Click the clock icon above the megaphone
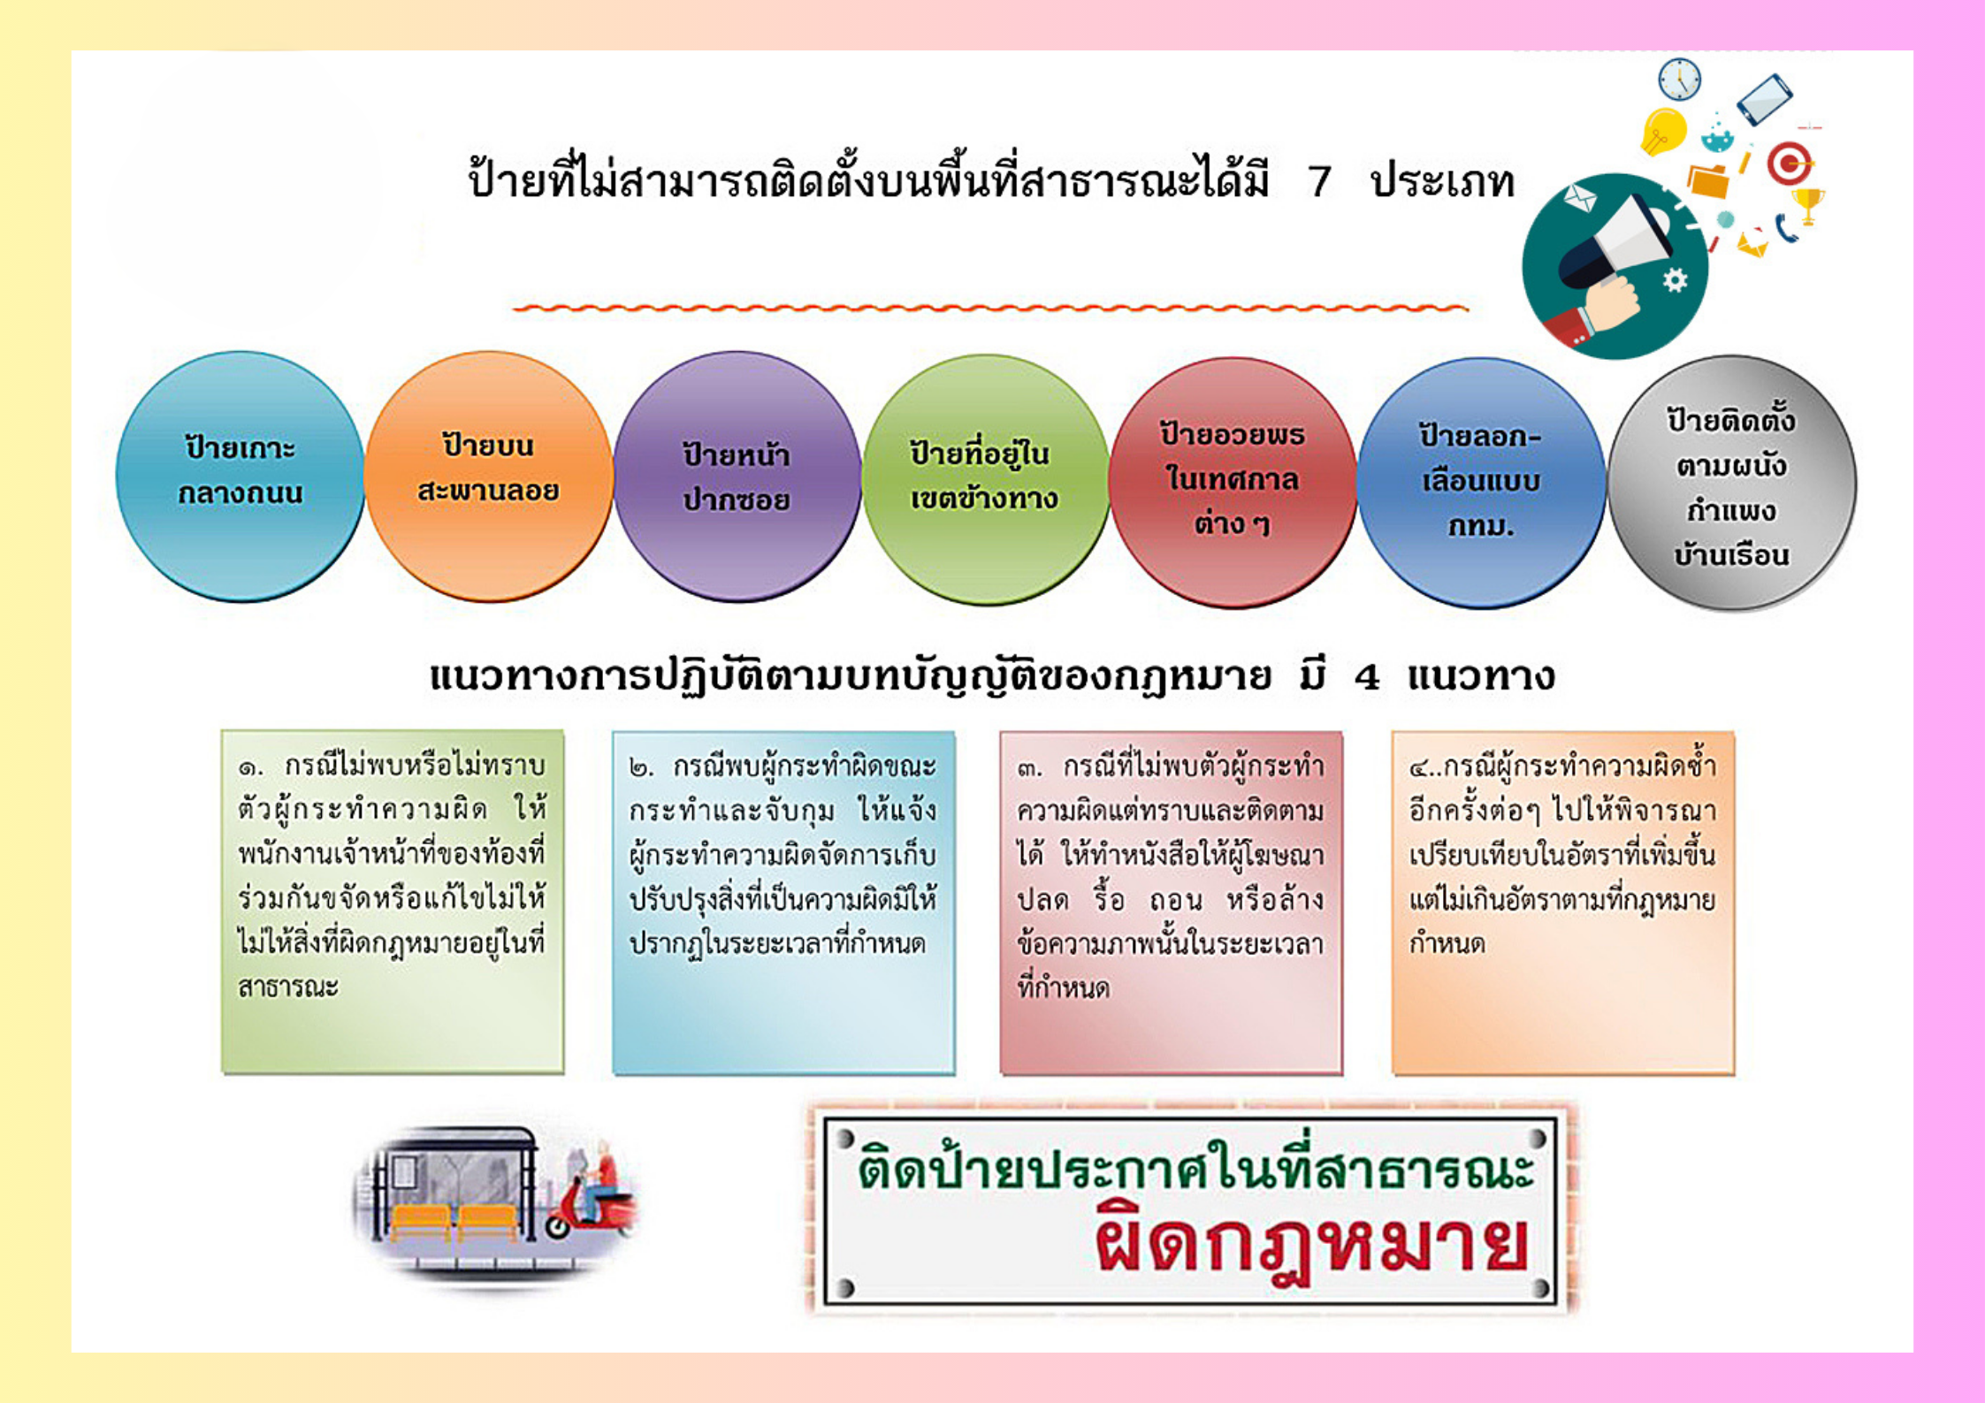pos(1678,80)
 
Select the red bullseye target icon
pos(1789,163)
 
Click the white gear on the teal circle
pos(1675,280)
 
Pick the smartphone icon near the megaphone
pos(1764,99)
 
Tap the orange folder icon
pos(1708,180)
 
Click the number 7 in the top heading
pos(1319,182)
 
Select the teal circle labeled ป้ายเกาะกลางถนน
pos(240,477)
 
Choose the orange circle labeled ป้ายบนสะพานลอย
pos(488,477)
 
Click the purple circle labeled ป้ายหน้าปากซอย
pos(737,477)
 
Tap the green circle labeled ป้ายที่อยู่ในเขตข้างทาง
pos(985,479)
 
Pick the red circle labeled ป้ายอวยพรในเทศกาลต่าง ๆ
pos(1233,482)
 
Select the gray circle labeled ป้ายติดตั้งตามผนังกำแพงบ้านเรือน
pos(1731,483)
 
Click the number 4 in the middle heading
pos(1367,678)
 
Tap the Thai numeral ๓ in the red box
pos(1029,768)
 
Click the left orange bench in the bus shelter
pos(421,1223)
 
